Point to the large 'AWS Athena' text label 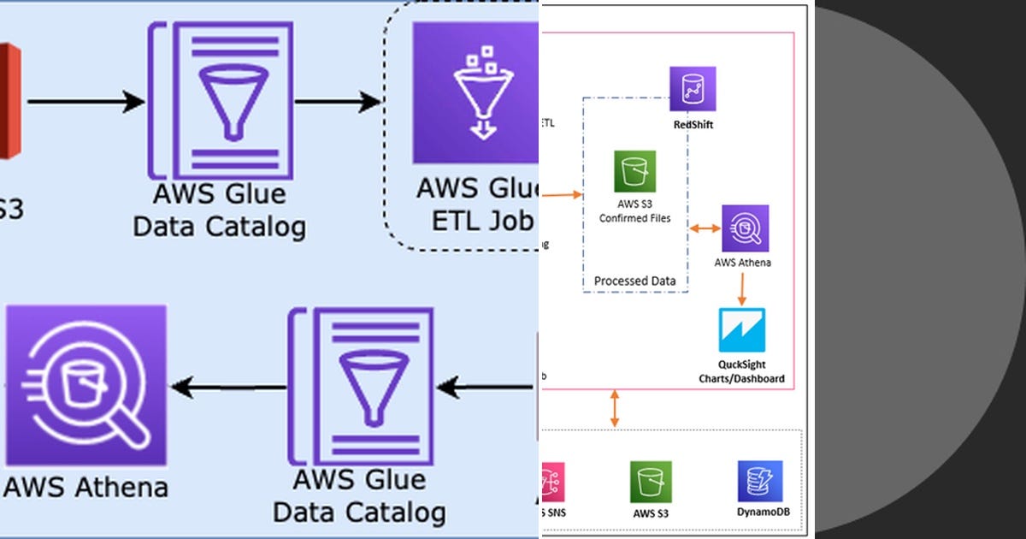pyautogui.click(x=85, y=487)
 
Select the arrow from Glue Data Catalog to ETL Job pyautogui.click(x=338, y=102)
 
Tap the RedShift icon pyautogui.click(x=693, y=89)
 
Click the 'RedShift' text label pyautogui.click(x=693, y=124)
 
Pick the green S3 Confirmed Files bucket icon pyautogui.click(x=635, y=172)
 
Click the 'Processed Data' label pyautogui.click(x=635, y=281)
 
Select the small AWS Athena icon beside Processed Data pyautogui.click(x=745, y=228)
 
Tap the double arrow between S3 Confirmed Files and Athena pyautogui.click(x=705, y=228)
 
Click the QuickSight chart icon pyautogui.click(x=741, y=330)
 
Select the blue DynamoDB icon pyautogui.click(x=760, y=482)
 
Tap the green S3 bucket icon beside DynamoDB pyautogui.click(x=652, y=483)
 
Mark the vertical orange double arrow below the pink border pyautogui.click(x=614, y=409)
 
